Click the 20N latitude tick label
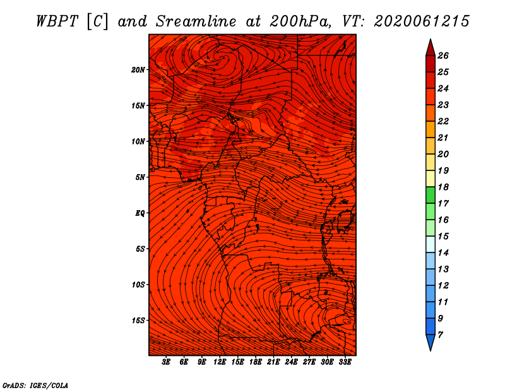[x=138, y=70]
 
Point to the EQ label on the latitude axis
[x=140, y=213]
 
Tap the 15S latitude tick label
[x=138, y=321]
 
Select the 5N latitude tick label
[x=140, y=177]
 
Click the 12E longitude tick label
[x=220, y=362]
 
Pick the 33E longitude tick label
[x=345, y=362]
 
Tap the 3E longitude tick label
[x=166, y=362]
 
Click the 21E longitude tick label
[x=273, y=362]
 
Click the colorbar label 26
[x=443, y=56]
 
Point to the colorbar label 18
[x=443, y=187]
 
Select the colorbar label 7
[x=440, y=335]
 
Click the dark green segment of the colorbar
[x=431, y=195]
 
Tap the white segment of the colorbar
[x=431, y=244]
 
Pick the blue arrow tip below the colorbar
[x=431, y=342]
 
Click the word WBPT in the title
[x=57, y=21]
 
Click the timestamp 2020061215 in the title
[x=422, y=21]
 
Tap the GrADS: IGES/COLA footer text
[x=35, y=386]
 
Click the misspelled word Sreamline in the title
[x=196, y=21]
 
